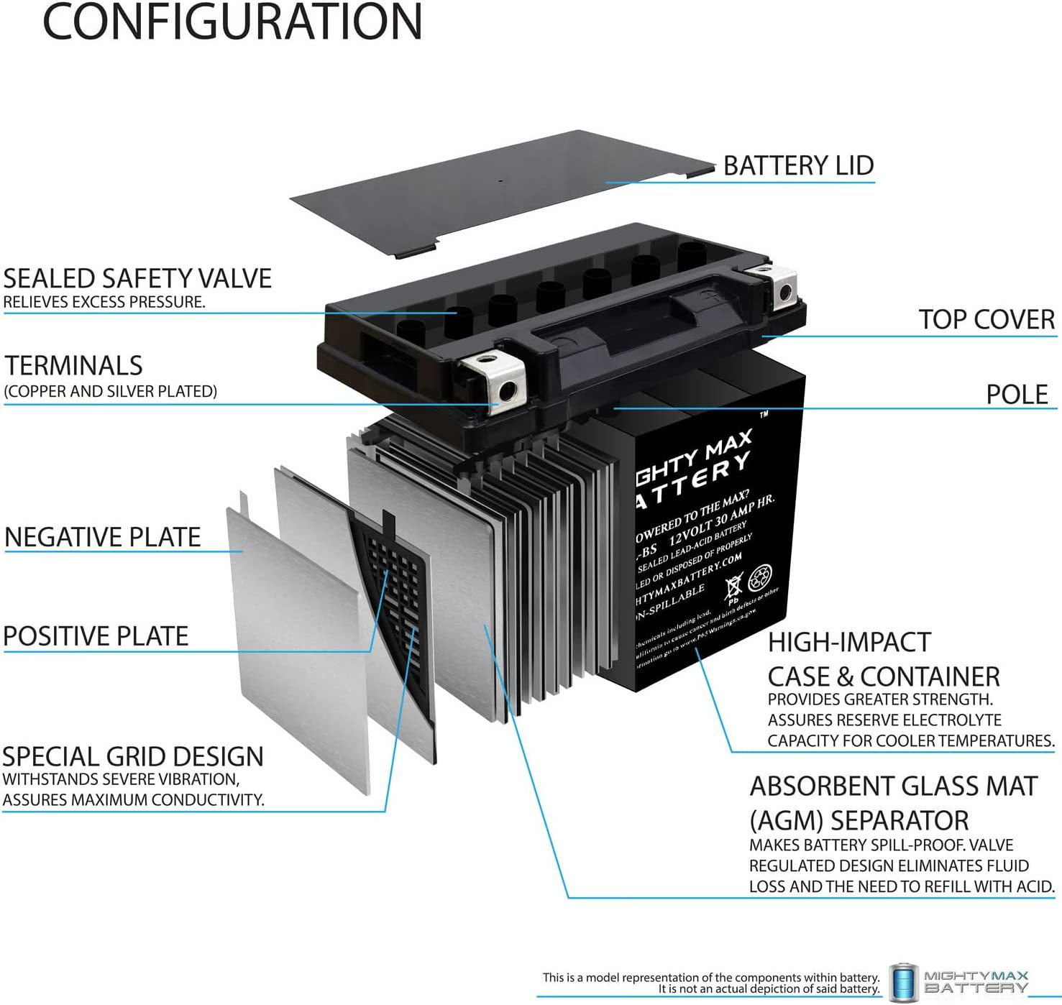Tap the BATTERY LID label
(x=798, y=165)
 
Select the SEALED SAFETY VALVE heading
(x=137, y=278)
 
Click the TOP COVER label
(x=986, y=319)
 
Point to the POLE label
(x=1017, y=394)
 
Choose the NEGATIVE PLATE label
(x=102, y=537)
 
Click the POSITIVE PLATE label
(x=96, y=635)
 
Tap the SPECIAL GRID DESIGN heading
(x=133, y=756)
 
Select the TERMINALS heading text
(x=74, y=365)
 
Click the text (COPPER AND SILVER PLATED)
(x=110, y=391)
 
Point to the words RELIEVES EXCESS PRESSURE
(x=104, y=302)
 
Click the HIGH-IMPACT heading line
(x=849, y=642)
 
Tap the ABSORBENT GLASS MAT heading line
(x=894, y=786)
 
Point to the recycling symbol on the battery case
(x=760, y=578)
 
